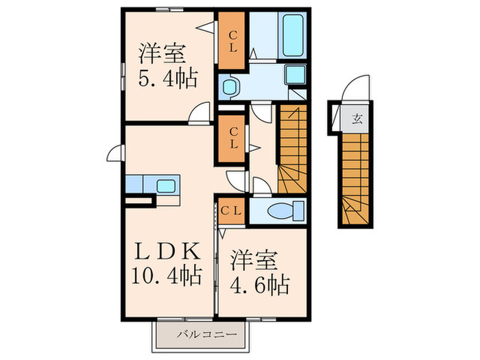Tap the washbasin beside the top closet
click(232, 86)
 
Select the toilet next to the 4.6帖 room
click(283, 210)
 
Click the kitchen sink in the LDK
click(166, 185)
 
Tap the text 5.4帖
click(169, 77)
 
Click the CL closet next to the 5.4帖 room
click(232, 40)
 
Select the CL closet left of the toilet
click(230, 210)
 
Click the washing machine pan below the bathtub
click(296, 77)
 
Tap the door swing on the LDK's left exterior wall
click(115, 154)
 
